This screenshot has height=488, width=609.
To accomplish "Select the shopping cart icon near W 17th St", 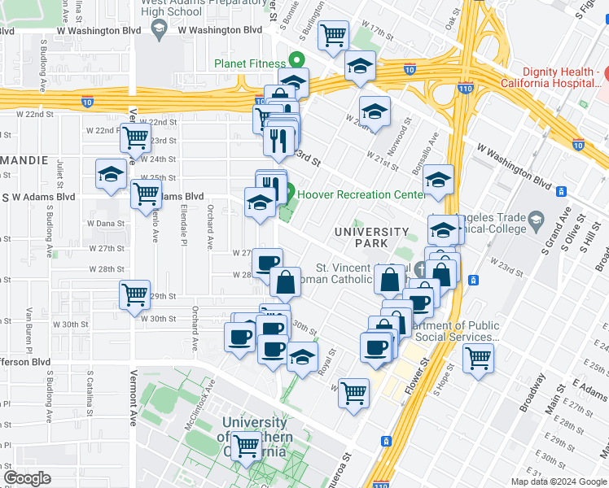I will tap(332, 36).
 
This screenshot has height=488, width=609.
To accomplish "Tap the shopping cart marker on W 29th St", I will tap(134, 294).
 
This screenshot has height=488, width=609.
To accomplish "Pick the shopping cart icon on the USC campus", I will tap(247, 444).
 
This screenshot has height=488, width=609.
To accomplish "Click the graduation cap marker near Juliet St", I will tap(111, 175).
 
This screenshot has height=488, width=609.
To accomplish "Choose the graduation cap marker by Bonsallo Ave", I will tap(438, 181).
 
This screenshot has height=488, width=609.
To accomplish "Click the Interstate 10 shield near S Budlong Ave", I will tap(86, 102).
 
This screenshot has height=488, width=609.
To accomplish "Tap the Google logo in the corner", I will tap(27, 478).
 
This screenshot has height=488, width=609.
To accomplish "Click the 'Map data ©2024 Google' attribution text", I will tap(558, 481).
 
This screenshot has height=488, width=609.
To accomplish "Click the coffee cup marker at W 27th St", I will tap(266, 262).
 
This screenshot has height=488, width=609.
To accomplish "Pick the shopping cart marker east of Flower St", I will tap(478, 358).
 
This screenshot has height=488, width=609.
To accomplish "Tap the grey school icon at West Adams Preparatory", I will tap(159, 30).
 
